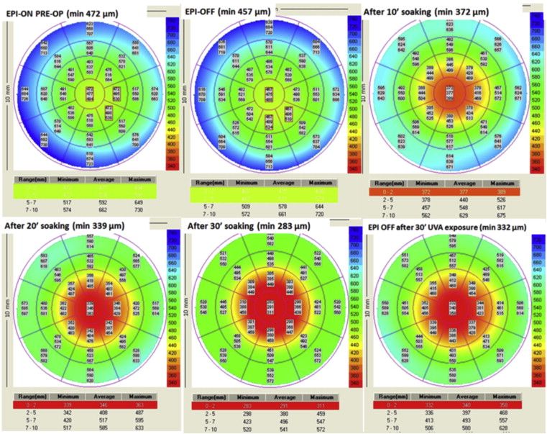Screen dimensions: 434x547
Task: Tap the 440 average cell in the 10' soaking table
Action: pyautogui.click(x=451, y=200)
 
